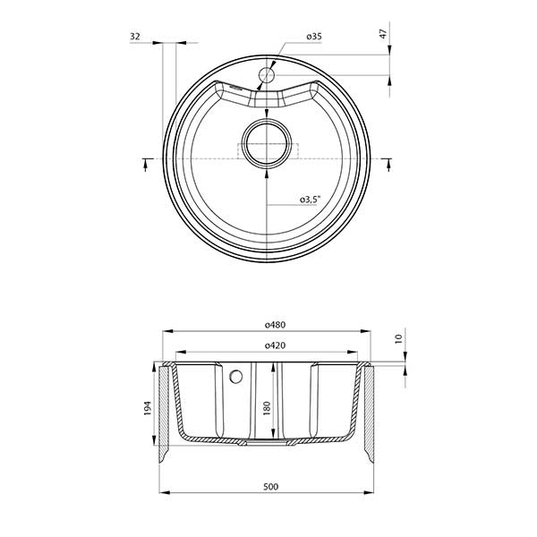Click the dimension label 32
coord(135,36)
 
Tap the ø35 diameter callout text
coord(314,36)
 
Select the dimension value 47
coord(383,34)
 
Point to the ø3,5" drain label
coord(311,199)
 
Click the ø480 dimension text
coord(275,324)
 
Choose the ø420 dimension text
coord(275,345)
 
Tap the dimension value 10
coord(398,338)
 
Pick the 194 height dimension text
coord(148,408)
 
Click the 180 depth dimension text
coord(267,408)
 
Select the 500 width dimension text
coord(271,486)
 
